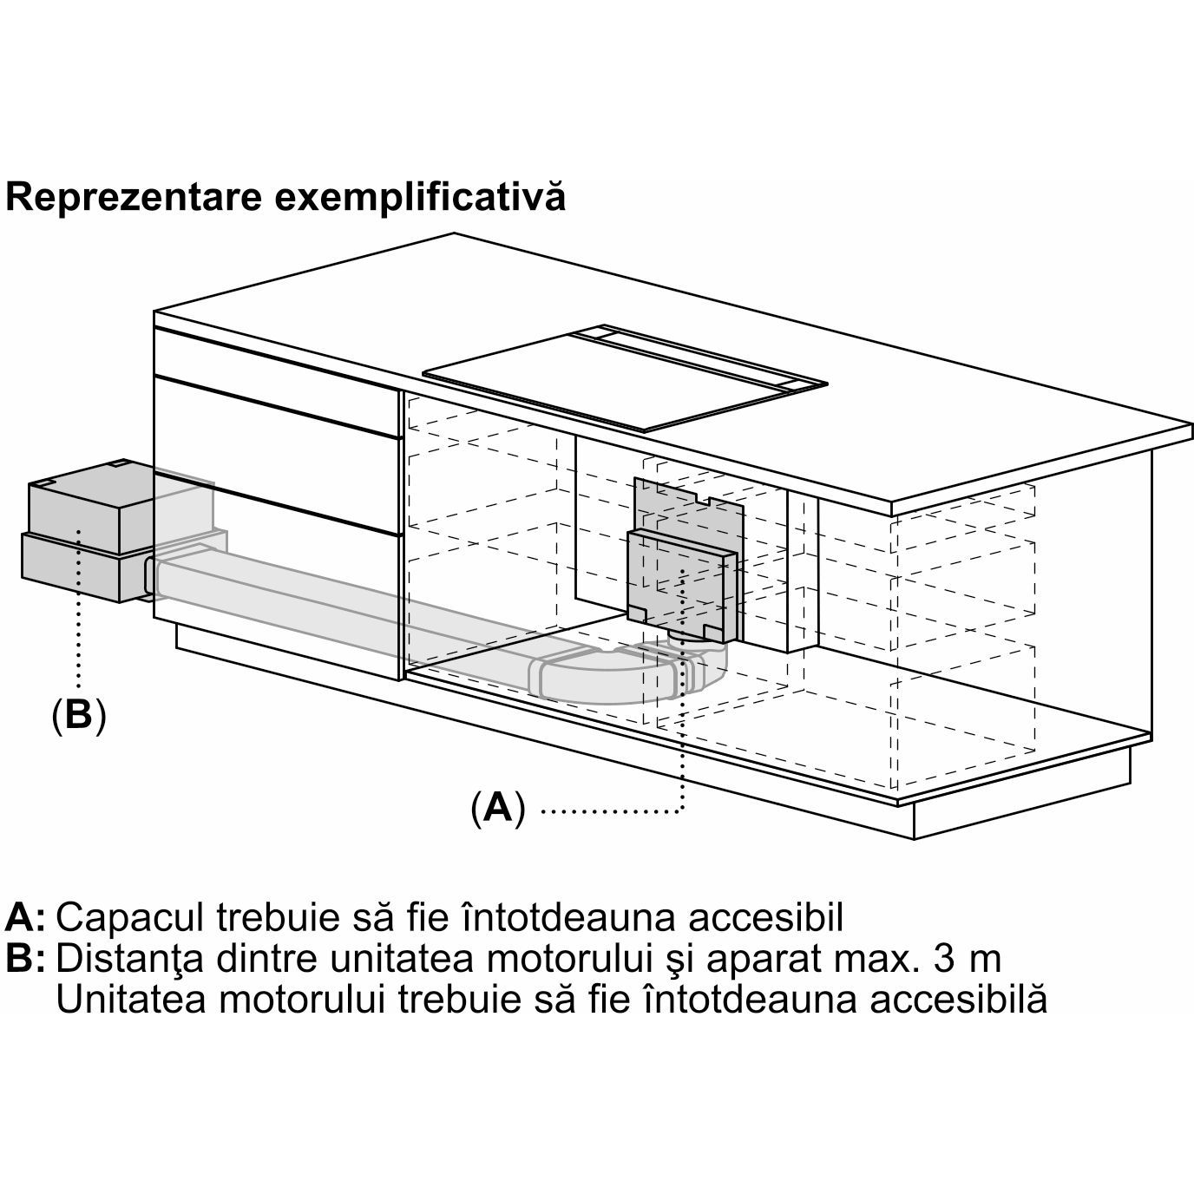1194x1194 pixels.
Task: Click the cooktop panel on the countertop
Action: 625,377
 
